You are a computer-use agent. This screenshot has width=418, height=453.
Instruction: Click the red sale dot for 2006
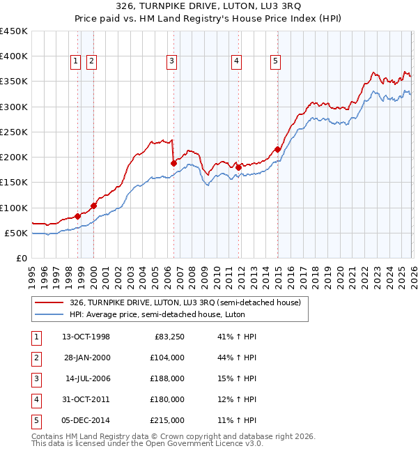173,163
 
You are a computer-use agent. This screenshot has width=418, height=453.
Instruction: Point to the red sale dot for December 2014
277,149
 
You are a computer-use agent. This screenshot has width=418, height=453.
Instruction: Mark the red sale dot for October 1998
77,216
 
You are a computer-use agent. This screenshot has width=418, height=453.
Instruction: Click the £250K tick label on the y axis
14,132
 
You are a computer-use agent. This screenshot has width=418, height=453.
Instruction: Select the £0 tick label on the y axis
21,258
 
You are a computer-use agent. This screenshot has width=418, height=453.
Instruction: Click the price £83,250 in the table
167,337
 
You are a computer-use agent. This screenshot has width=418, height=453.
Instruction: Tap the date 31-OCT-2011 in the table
86,399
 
